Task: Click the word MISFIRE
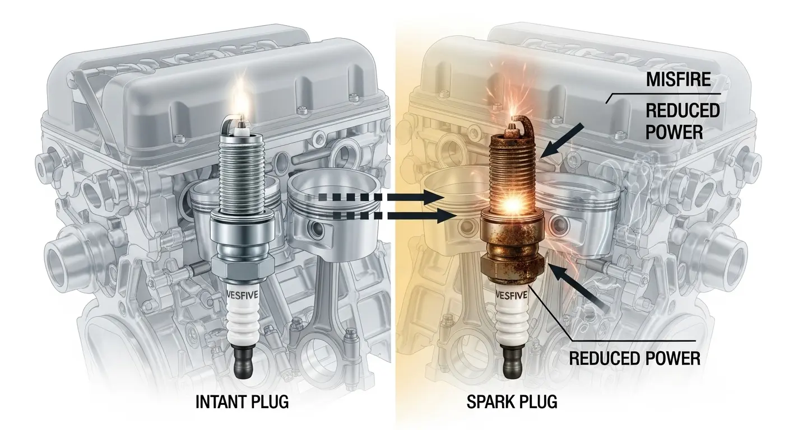679,79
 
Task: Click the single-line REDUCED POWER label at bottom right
635,358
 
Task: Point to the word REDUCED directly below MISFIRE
683,110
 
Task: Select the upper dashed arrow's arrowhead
434,197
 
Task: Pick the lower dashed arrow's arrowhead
447,216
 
